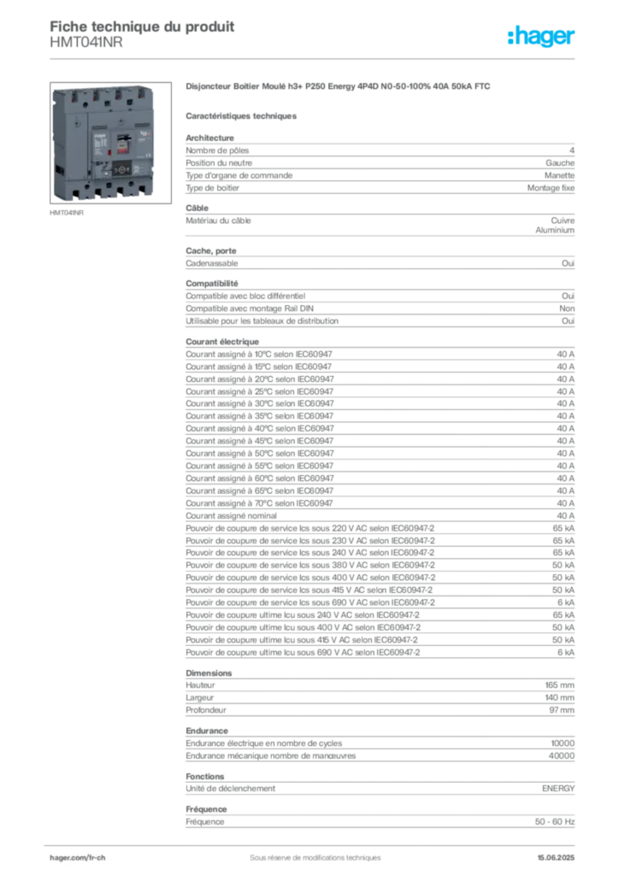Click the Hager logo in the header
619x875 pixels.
541,36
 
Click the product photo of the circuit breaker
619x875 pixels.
110,143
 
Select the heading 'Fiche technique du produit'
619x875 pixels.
142,26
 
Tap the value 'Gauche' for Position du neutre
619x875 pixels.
560,163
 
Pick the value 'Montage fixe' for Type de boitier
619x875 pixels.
551,188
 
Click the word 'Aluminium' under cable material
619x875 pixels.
555,230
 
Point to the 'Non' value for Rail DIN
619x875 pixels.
567,308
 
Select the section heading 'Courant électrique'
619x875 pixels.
222,342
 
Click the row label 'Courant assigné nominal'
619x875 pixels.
231,516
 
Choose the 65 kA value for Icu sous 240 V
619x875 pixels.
563,615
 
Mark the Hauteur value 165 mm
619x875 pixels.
560,685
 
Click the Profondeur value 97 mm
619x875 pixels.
562,710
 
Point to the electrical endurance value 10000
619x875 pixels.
563,743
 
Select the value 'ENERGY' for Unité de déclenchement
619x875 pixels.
558,789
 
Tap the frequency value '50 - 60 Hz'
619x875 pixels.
555,822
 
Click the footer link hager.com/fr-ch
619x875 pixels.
78,858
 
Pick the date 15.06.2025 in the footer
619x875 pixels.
556,858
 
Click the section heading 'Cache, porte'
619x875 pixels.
211,251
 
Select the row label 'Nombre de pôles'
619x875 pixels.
217,150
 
